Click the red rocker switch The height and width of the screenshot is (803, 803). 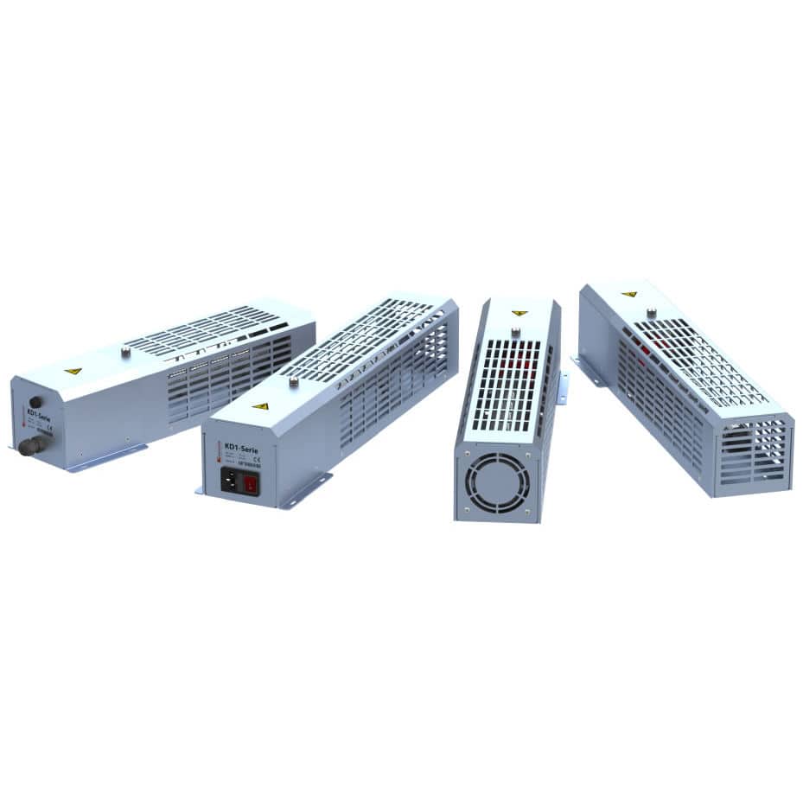point(251,484)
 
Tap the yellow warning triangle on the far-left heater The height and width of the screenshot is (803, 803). point(73,371)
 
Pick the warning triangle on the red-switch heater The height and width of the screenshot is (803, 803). point(260,405)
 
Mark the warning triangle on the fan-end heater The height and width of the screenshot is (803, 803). point(519,313)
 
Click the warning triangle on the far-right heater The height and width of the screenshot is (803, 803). point(630,294)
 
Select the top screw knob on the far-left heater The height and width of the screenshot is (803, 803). point(125,351)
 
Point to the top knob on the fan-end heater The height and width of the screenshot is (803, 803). point(515,330)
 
